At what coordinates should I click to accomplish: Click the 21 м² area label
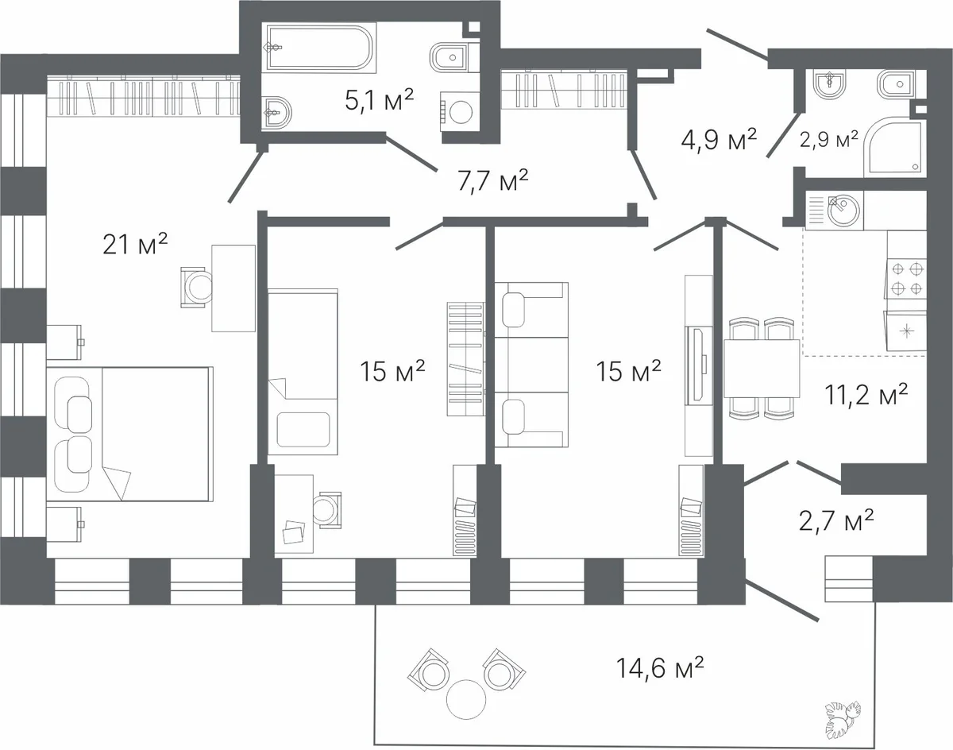[135, 244]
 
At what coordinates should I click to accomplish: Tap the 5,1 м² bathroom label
[379, 100]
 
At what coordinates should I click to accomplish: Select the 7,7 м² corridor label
[493, 180]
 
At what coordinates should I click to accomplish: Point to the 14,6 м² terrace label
[660, 667]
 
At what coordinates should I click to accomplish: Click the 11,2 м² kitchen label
[866, 394]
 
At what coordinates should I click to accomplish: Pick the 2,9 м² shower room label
[829, 140]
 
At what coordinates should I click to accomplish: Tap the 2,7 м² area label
[836, 520]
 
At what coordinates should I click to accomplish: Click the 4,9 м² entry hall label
[719, 140]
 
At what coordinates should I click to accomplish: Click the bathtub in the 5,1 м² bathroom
[321, 48]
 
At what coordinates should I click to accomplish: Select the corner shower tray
[893, 147]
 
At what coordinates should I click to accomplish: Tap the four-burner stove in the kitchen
[906, 279]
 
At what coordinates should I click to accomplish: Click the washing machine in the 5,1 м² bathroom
[460, 112]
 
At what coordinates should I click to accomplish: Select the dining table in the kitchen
[762, 369]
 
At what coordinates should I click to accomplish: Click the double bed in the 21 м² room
[129, 434]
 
